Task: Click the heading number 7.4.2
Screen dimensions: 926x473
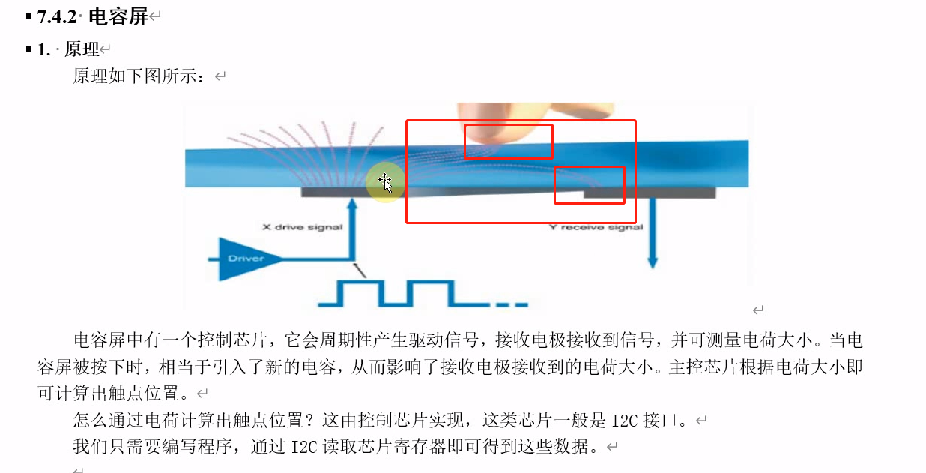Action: pyautogui.click(x=57, y=16)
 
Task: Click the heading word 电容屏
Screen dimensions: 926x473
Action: pyautogui.click(x=118, y=16)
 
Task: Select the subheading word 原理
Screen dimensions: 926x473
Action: pyautogui.click(x=82, y=50)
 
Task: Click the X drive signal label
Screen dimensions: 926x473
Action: pyautogui.click(x=302, y=226)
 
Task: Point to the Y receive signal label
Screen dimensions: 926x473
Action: pyautogui.click(x=596, y=227)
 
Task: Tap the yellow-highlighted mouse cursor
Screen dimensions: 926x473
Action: pyautogui.click(x=385, y=183)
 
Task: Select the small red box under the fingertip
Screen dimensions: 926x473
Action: pyautogui.click(x=508, y=142)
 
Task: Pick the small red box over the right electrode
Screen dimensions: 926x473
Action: pyautogui.click(x=589, y=185)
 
